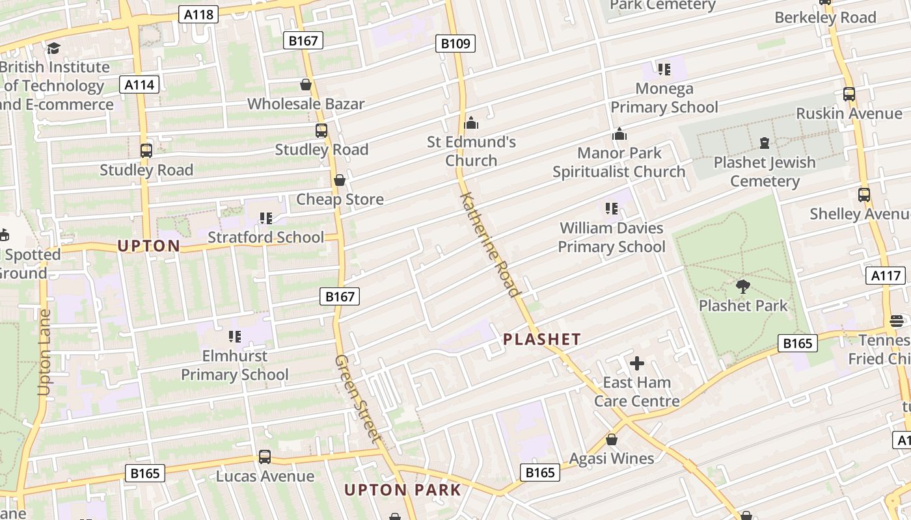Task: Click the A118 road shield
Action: [198, 14]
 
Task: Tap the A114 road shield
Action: [139, 84]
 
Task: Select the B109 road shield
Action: [455, 44]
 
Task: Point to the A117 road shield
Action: [886, 276]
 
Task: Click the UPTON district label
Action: [149, 246]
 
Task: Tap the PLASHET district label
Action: [541, 339]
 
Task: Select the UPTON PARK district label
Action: [402, 490]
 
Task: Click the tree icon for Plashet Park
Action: [742, 286]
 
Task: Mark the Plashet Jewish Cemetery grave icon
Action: [765, 142]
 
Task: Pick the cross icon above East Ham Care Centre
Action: [637, 363]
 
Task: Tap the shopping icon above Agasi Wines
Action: [612, 439]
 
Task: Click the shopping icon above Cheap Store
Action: [340, 180]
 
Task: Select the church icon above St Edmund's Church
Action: [471, 122]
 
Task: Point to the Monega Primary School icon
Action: [664, 69]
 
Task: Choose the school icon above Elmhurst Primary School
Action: [235, 337]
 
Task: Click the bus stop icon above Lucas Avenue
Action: [265, 456]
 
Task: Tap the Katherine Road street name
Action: [491, 244]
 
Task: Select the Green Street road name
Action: [357, 398]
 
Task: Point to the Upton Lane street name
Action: [44, 352]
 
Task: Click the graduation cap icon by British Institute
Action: [53, 48]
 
